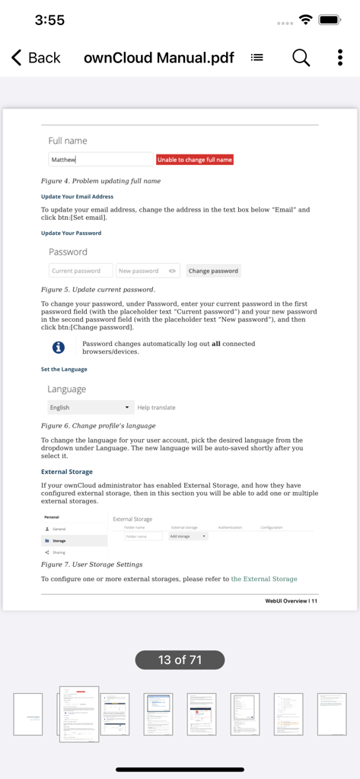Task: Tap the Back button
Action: coord(36,58)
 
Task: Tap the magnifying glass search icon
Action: coord(301,58)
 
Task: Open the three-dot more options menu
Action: coord(339,58)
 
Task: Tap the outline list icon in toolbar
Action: coord(257,58)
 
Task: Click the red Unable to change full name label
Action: coord(195,160)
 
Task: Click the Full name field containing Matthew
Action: coord(100,160)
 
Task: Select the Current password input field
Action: coord(81,271)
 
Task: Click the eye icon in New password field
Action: coord(173,271)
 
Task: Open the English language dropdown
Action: coord(91,408)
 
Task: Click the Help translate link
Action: coord(156,408)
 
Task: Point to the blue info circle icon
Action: coord(58,348)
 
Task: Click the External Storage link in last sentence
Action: coord(264,579)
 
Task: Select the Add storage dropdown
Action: coord(188,536)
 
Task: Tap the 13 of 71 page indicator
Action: coord(180,660)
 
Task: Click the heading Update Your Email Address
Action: coord(77,196)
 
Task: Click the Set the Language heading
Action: coord(64,369)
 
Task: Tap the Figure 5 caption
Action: coord(97,289)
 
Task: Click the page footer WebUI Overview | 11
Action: coord(292,601)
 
